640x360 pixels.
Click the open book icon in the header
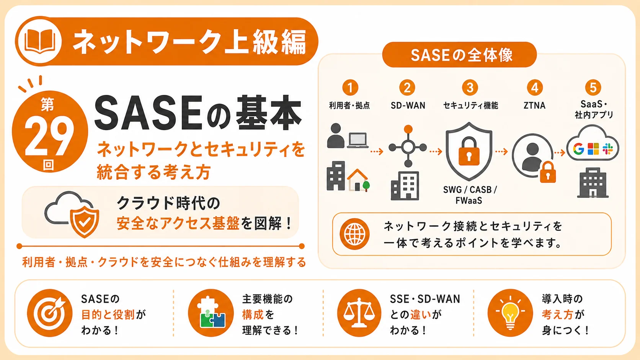(x=40, y=41)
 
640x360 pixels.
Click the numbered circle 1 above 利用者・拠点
(x=350, y=87)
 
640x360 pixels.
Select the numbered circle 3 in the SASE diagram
(x=470, y=87)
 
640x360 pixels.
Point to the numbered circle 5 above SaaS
(x=593, y=87)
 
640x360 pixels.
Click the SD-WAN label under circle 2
(x=408, y=106)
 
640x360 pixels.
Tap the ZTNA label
(x=534, y=106)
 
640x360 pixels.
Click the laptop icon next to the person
(x=358, y=141)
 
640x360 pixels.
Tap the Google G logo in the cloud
(x=578, y=149)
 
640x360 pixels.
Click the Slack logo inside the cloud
(x=608, y=149)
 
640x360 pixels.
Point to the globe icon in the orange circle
(x=354, y=234)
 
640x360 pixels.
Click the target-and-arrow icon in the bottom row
(x=50, y=313)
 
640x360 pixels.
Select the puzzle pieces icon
(x=211, y=313)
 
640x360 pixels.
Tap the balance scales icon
(x=359, y=313)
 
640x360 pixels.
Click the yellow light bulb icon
(x=510, y=313)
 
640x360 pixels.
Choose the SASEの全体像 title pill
(x=459, y=55)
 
